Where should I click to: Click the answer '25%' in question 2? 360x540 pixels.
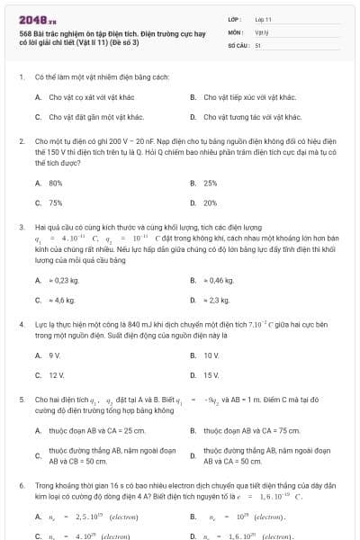211,183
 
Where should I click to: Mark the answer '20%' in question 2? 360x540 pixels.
211,202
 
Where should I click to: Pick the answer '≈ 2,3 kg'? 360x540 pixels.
218,300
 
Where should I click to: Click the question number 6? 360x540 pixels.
21,485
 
